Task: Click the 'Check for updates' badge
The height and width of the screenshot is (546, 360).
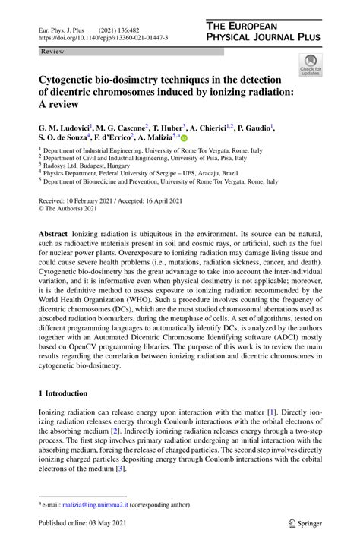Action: point(310,65)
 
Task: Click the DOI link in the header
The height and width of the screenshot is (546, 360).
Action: point(103,36)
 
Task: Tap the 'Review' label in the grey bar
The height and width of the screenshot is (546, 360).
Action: point(52,51)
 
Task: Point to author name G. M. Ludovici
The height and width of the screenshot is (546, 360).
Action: point(64,128)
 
